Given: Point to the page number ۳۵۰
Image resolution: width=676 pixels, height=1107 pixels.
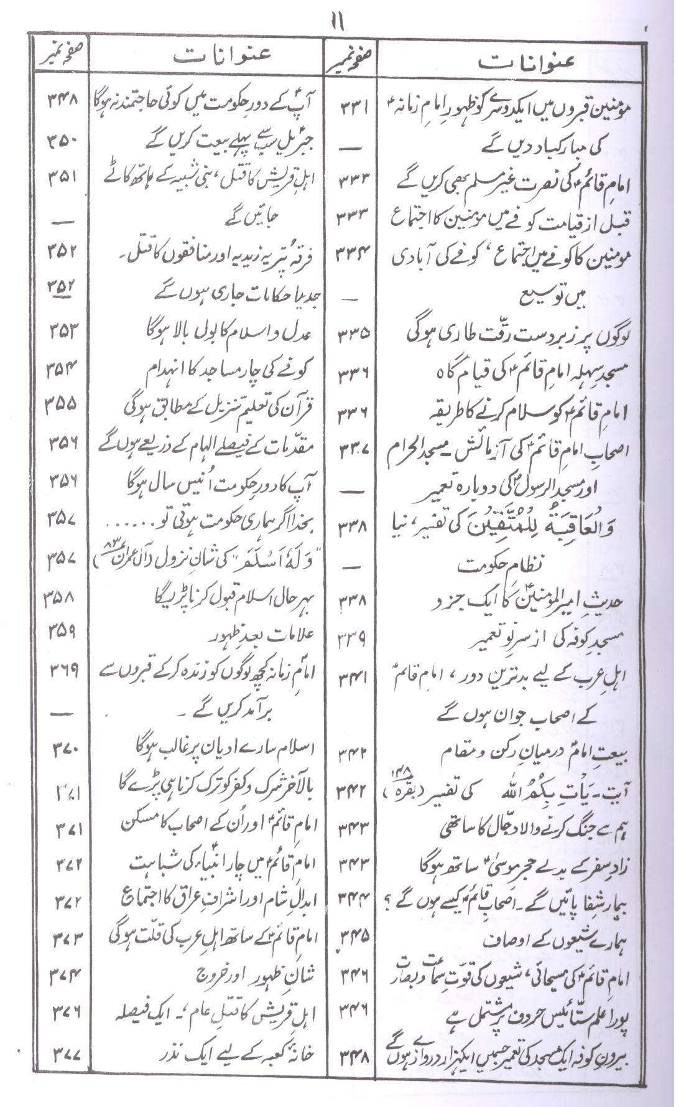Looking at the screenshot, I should (x=62, y=142).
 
